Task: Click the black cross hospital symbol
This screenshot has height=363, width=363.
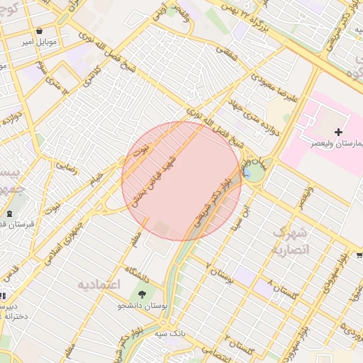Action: point(338,132)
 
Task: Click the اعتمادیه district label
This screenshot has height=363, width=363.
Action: point(99,284)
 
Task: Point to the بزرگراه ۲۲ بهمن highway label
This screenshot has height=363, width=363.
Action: point(255,19)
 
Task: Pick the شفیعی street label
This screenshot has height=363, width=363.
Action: point(229,51)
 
